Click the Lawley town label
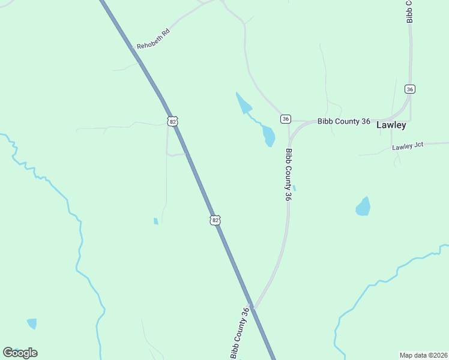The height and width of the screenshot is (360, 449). click(x=391, y=125)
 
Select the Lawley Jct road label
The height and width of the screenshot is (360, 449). click(x=408, y=146)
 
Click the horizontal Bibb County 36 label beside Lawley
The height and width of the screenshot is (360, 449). click(x=344, y=121)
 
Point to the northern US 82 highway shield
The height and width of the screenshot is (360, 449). click(x=173, y=121)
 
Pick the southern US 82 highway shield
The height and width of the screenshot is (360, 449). click(x=215, y=220)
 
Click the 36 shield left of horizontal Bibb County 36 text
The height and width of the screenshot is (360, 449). click(x=285, y=119)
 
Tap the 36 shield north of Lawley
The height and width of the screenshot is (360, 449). click(x=410, y=89)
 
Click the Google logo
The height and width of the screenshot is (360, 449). click(x=20, y=353)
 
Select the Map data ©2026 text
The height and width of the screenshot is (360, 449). click(x=424, y=355)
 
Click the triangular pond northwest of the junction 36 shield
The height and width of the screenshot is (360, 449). click(x=243, y=103)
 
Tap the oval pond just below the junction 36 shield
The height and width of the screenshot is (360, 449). click(x=268, y=136)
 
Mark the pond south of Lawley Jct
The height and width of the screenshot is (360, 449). click(x=363, y=206)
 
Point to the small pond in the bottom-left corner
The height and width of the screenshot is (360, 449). click(x=32, y=323)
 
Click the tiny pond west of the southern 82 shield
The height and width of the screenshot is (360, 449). click(x=156, y=221)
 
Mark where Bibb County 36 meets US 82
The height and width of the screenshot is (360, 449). click(x=253, y=308)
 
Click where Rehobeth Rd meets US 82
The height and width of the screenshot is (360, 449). click(x=140, y=61)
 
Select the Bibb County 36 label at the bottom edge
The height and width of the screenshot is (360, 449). click(x=239, y=333)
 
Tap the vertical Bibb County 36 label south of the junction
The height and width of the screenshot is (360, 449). click(x=289, y=175)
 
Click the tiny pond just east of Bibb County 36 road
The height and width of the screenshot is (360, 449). click(x=294, y=188)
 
